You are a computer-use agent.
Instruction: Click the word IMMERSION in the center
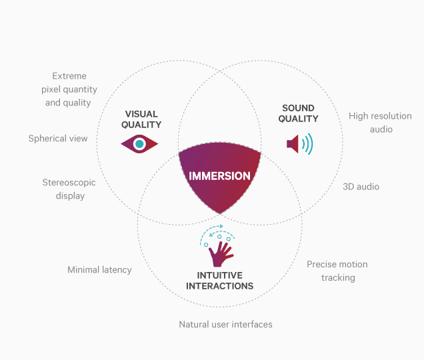[219, 176]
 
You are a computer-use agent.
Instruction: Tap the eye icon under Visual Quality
[139, 144]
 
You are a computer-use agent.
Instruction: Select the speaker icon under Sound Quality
[299, 144]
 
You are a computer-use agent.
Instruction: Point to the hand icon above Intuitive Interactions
[221, 254]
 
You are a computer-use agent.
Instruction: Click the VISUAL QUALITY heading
[141, 119]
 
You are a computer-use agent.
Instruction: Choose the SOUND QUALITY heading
[298, 113]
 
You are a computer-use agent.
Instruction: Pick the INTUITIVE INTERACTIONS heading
[219, 281]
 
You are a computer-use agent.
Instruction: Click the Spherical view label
[58, 139]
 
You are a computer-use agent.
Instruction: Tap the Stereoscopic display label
[69, 189]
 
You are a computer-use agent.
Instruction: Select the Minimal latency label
[99, 269]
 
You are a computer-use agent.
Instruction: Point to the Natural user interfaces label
[225, 324]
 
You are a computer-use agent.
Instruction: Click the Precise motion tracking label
[337, 271]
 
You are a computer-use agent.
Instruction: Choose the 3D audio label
[361, 187]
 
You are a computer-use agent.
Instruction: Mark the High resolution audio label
[380, 123]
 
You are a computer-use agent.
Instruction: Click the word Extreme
[69, 76]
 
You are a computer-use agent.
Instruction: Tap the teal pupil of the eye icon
[139, 144]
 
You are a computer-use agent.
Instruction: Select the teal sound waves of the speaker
[308, 144]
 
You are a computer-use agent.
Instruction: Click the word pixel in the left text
[51, 89]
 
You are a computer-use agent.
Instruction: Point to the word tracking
[338, 278]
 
